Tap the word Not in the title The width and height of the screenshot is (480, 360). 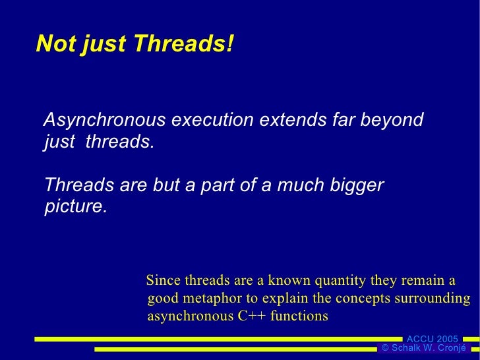click(53, 44)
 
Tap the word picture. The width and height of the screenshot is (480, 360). click(75, 206)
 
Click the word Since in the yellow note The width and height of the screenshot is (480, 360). click(163, 280)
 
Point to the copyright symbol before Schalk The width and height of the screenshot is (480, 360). click(385, 348)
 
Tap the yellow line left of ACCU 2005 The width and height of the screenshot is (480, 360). click(218, 339)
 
